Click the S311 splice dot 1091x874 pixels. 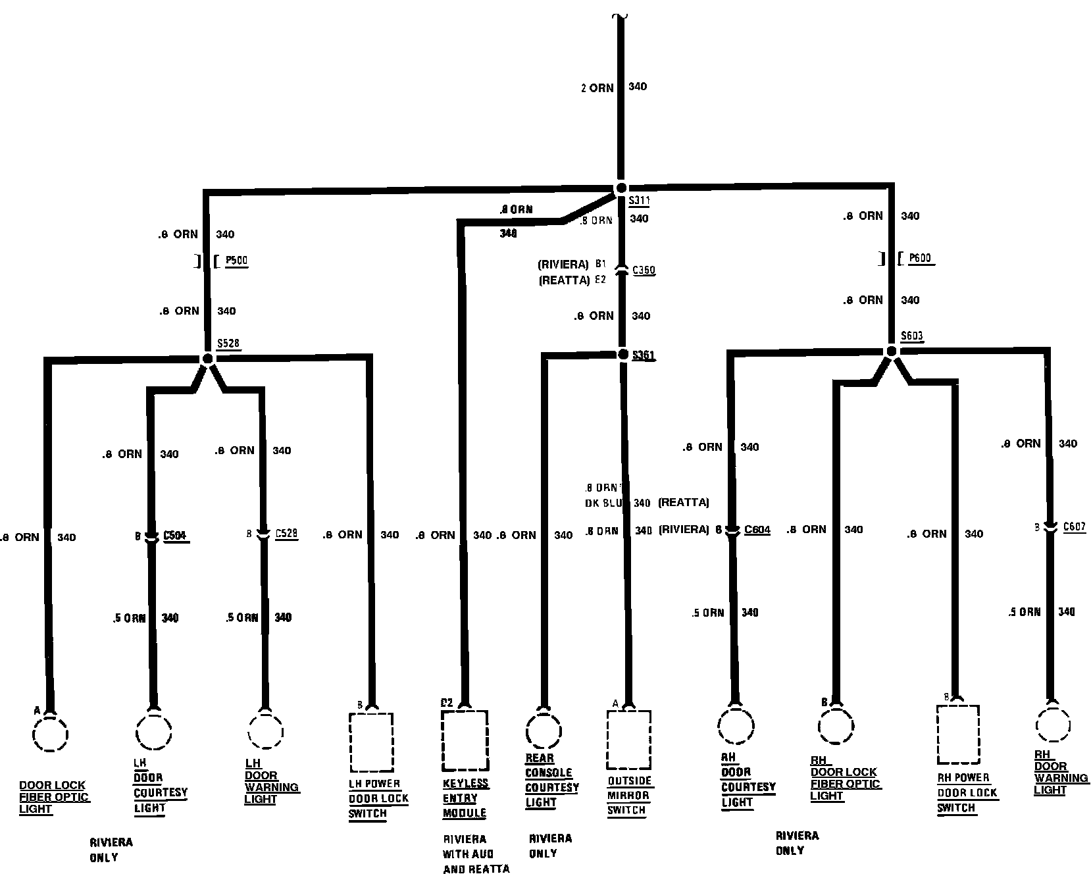[x=621, y=188]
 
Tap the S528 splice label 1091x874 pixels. [x=228, y=344]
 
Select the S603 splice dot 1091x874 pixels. [x=891, y=351]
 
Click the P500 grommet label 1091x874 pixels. [x=236, y=261]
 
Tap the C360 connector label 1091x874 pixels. [x=644, y=270]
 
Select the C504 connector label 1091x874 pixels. [x=176, y=536]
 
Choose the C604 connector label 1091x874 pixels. [x=757, y=530]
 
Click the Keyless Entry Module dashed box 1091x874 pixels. [x=465, y=740]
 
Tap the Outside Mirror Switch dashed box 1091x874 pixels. [x=628, y=739]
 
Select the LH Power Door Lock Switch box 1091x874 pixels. [x=372, y=742]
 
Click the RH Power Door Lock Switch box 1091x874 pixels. [x=957, y=734]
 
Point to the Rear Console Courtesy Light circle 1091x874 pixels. [x=544, y=732]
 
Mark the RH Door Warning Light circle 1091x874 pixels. [x=1053, y=726]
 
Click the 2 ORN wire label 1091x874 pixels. [x=597, y=88]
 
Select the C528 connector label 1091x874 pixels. [x=286, y=533]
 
